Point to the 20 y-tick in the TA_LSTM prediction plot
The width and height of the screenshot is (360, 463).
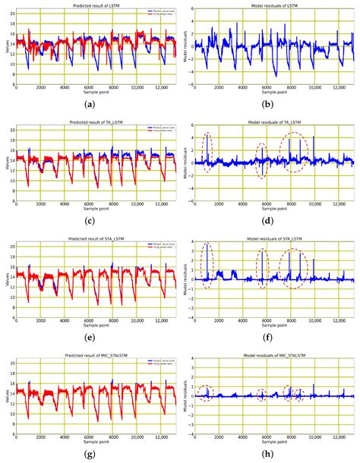tap(11, 130)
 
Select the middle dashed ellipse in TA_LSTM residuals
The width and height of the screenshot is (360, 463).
tap(262, 160)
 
